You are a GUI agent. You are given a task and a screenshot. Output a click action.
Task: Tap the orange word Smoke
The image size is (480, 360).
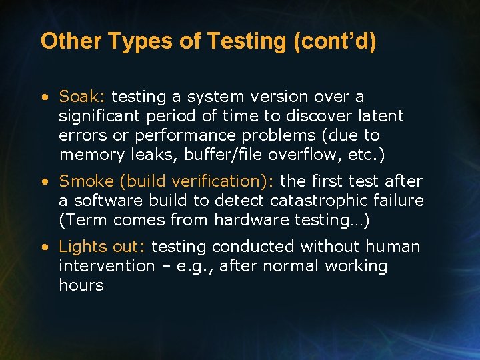pos(86,181)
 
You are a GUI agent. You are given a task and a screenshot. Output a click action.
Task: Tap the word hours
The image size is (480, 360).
pos(81,285)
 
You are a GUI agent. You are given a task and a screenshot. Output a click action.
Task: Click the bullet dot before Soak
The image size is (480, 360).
pos(44,97)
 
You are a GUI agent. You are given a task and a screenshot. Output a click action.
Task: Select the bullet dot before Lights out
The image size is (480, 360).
pos(44,247)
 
